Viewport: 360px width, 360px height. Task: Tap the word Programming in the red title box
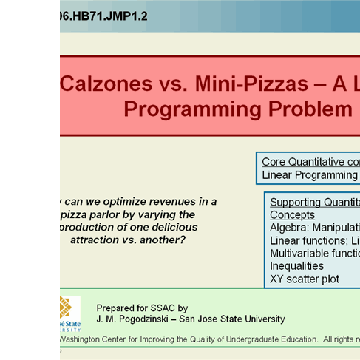[189, 109]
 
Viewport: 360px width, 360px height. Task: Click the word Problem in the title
[305, 109]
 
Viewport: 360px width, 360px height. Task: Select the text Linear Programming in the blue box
[310, 175]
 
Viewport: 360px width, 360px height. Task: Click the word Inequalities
[296, 266]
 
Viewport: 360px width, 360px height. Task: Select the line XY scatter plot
[305, 279]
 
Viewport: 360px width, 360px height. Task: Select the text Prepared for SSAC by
[142, 308]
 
